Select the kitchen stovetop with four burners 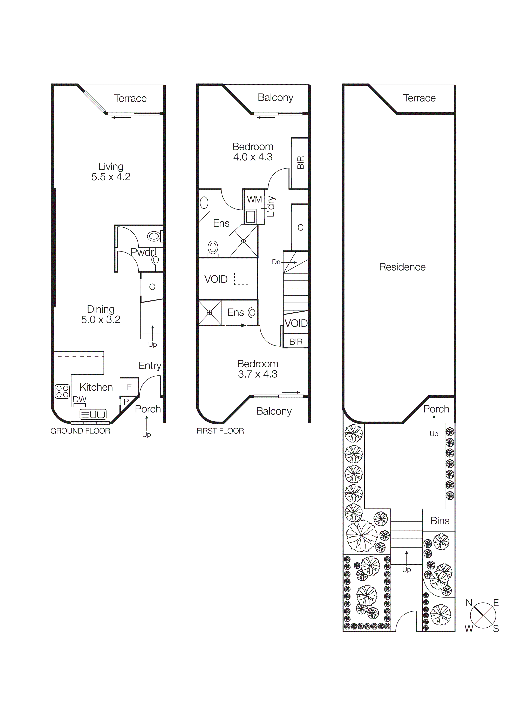62,391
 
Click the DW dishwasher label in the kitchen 80,399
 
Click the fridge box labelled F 129,387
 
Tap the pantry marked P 126,402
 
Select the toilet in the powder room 154,236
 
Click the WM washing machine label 254,199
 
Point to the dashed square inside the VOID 241,279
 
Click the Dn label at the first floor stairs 276,262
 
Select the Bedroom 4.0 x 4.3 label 253,151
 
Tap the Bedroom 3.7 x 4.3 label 258,369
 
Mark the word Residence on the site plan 402,267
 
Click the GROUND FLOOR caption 80,431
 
